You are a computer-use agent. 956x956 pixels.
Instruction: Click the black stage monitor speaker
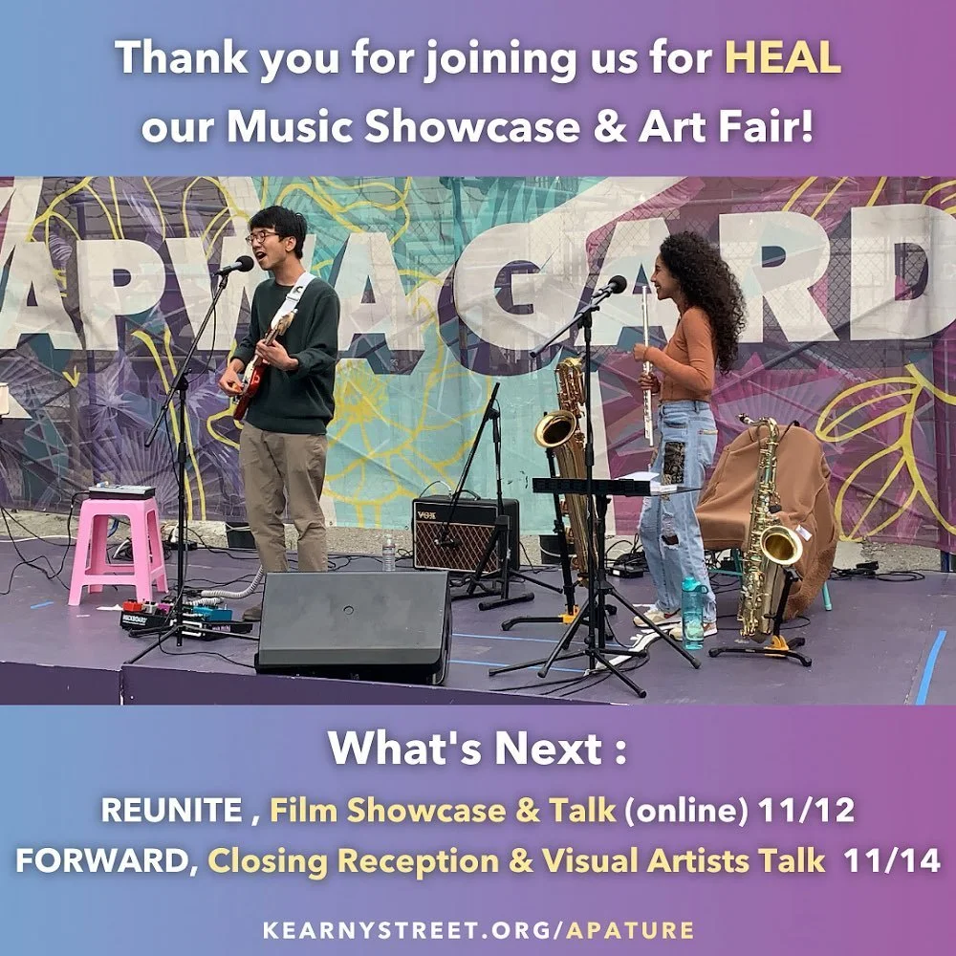click(x=353, y=625)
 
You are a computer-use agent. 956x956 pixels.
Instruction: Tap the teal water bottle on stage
click(x=692, y=613)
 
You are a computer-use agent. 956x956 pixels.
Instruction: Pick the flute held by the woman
click(x=647, y=363)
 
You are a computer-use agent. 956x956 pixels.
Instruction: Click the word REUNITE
click(x=171, y=810)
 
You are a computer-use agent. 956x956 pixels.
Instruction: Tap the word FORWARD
click(x=104, y=860)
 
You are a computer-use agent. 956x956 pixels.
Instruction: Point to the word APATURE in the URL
click(x=629, y=929)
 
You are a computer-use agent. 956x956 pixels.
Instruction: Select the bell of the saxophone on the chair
click(x=779, y=545)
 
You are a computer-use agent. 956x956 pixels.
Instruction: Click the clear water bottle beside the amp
click(x=389, y=552)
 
